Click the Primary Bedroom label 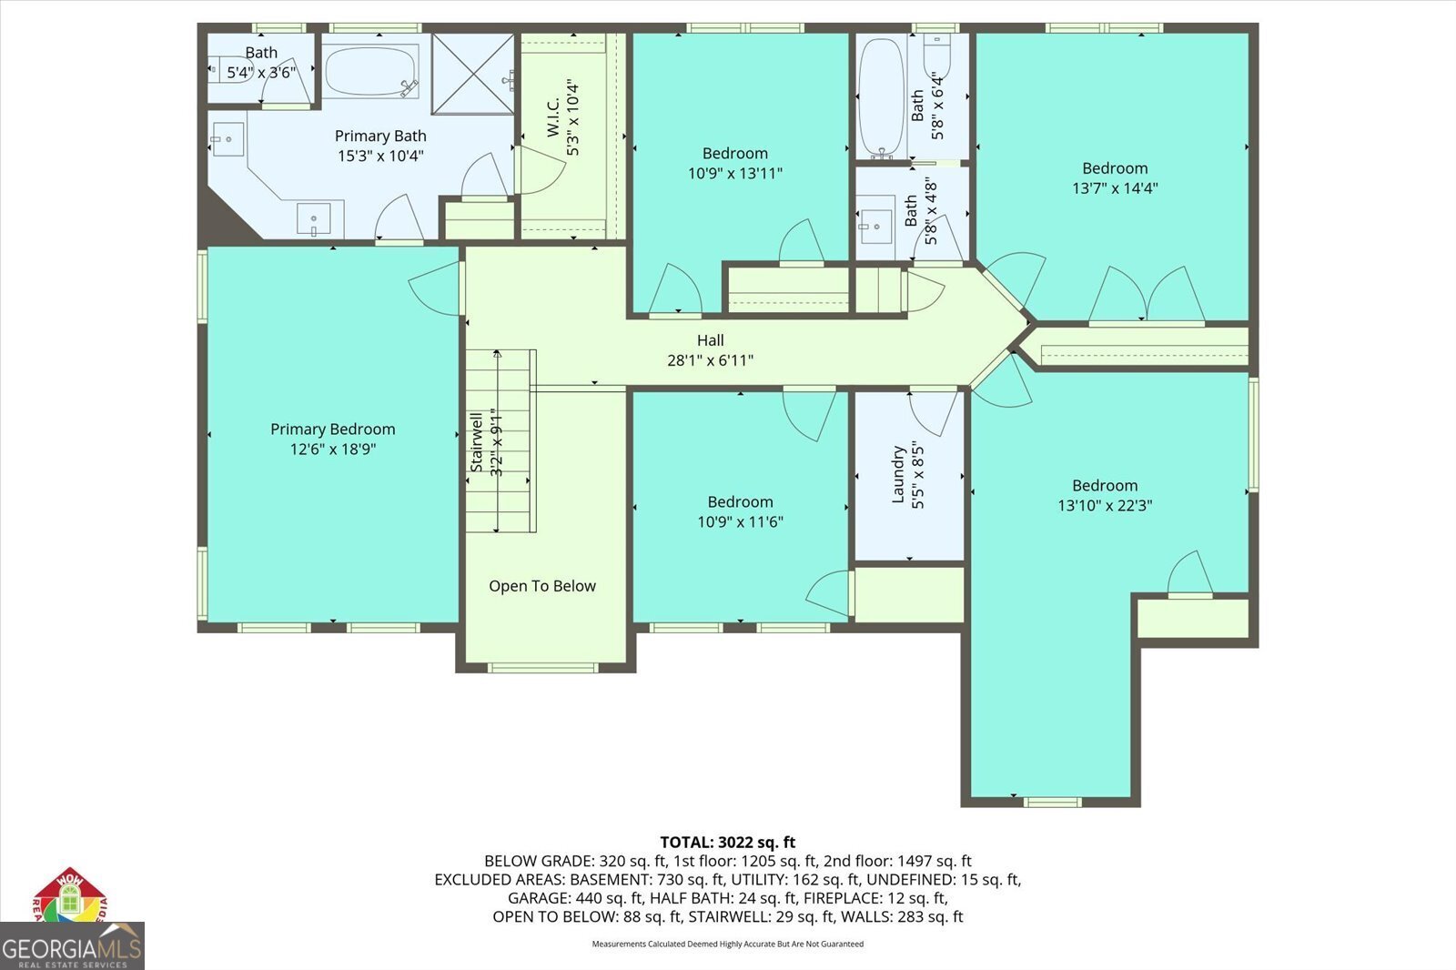pyautogui.click(x=332, y=429)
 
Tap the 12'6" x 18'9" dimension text pyautogui.click(x=332, y=449)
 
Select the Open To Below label pyautogui.click(x=542, y=586)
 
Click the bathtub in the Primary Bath pyautogui.click(x=370, y=71)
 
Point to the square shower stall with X pyautogui.click(x=473, y=74)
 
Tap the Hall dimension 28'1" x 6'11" pyautogui.click(x=710, y=360)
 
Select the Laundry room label pyautogui.click(x=898, y=475)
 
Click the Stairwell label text pyautogui.click(x=476, y=442)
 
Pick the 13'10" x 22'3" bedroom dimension pyautogui.click(x=1105, y=505)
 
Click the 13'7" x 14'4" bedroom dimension pyautogui.click(x=1115, y=188)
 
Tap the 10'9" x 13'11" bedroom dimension pyautogui.click(x=734, y=173)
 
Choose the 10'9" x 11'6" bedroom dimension pyautogui.click(x=740, y=521)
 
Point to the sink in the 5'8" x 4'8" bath pyautogui.click(x=877, y=224)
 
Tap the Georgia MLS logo pyautogui.click(x=71, y=946)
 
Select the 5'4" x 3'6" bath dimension pyautogui.click(x=261, y=72)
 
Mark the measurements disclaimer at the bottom pyautogui.click(x=727, y=944)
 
